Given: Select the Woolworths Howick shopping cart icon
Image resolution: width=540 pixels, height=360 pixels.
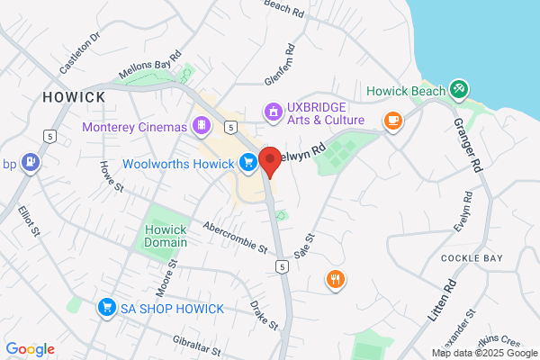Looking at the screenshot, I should (247, 162).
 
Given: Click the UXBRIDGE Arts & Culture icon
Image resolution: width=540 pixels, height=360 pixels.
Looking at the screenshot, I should (271, 111).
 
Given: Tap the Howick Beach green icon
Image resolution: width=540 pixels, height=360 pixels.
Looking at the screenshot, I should (459, 88).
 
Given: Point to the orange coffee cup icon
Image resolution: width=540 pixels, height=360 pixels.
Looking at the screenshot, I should (392, 120).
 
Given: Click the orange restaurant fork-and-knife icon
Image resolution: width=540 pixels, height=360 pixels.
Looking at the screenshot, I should (336, 279).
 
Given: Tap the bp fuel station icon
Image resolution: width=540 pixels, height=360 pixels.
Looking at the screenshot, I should (32, 163).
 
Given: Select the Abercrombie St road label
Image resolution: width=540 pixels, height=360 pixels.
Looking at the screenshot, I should (236, 236).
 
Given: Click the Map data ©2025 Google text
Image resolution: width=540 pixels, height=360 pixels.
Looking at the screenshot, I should (483, 353).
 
